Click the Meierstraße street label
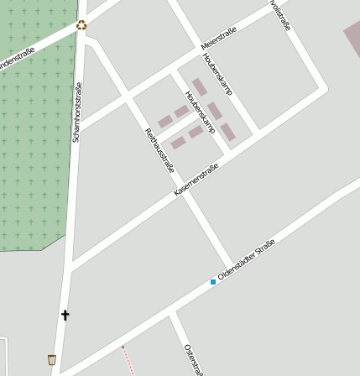tap(219, 38)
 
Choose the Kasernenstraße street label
tap(196, 180)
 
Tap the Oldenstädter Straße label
tap(247, 260)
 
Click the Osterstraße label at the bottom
tap(193, 359)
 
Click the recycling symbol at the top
tap(81, 24)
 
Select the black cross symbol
tap(65, 316)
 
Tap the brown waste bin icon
tap(53, 359)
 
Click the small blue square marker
tap(213, 282)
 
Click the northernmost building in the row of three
tap(200, 86)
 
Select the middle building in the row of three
tap(215, 110)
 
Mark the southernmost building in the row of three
tap(227, 132)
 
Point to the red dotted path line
tap(128, 361)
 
